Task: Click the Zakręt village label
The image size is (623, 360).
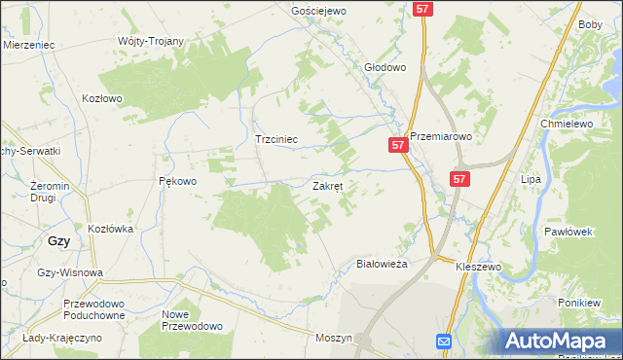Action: (327, 185)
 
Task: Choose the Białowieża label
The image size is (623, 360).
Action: (382, 264)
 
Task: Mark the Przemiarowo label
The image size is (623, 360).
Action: (440, 137)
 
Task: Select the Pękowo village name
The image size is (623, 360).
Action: (178, 181)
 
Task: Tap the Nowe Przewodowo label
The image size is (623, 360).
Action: (192, 320)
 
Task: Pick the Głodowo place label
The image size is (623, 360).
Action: (385, 67)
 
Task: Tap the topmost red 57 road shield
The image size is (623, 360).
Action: (422, 8)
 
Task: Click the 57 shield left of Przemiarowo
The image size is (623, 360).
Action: (397, 145)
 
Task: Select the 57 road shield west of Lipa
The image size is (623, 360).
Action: (460, 179)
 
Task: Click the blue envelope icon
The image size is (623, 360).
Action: (443, 342)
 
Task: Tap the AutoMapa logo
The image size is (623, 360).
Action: (561, 341)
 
